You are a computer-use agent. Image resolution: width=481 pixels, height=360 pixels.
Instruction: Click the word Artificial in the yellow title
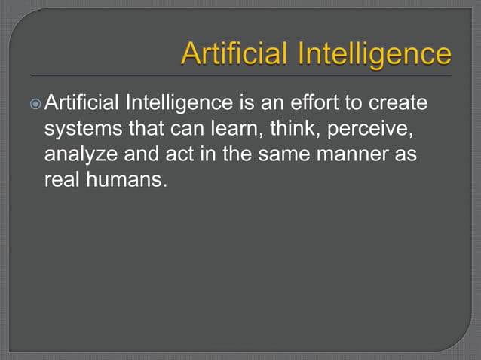(237, 55)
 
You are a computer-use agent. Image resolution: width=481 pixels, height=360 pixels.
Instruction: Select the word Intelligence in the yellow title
(376, 55)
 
